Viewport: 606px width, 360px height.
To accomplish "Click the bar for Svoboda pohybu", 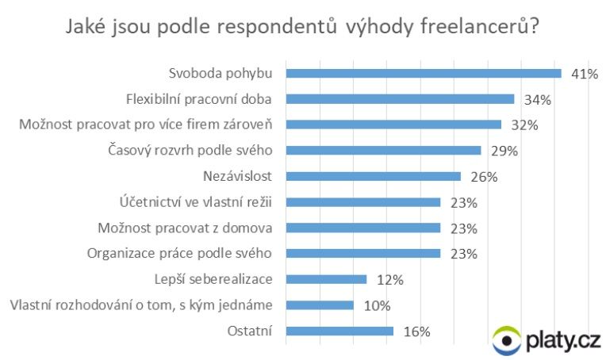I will (423, 73).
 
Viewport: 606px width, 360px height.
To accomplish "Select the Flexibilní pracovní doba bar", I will (400, 99).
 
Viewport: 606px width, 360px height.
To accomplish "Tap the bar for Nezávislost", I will (373, 176).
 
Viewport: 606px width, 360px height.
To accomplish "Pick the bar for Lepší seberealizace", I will (326, 279).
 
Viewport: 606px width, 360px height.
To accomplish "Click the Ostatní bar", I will (339, 331).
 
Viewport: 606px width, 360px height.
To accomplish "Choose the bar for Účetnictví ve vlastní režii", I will (362, 202).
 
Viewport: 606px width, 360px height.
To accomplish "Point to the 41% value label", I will (583, 75).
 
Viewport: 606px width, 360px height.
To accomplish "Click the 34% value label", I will (537, 100).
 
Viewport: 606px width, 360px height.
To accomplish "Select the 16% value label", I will (416, 331).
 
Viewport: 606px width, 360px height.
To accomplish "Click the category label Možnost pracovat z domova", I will (186, 228).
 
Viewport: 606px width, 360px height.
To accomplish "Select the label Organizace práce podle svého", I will (178, 254).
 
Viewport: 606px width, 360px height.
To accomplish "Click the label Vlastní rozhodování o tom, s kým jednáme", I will (140, 305).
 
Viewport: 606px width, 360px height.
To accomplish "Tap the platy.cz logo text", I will (562, 340).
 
